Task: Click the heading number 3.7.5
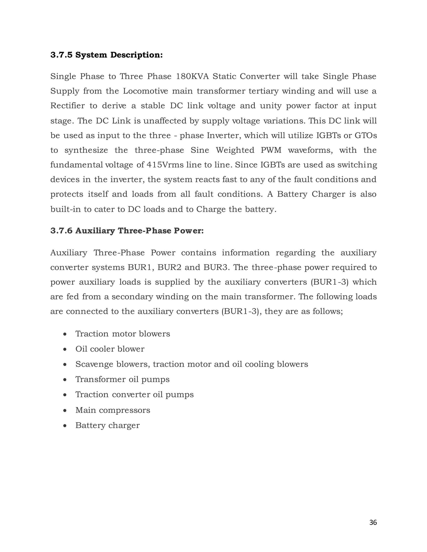(61, 55)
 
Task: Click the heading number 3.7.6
(61, 231)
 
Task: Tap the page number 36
(373, 522)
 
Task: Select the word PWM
(271, 150)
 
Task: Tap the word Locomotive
(146, 91)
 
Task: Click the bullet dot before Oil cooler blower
(65, 349)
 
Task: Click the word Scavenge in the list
(94, 364)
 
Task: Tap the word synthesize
(86, 150)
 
